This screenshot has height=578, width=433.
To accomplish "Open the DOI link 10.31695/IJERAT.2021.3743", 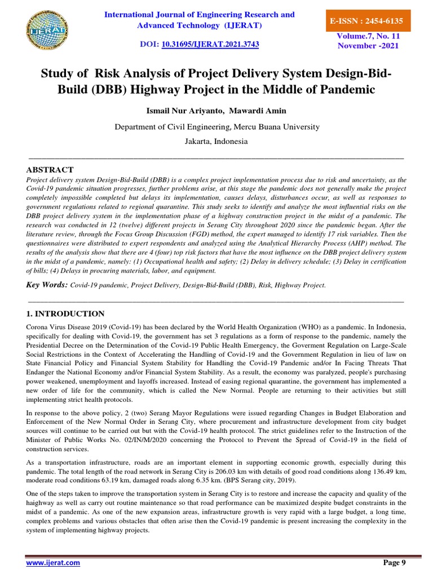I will point(210,43).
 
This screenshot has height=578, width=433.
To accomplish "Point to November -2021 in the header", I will point(368,46).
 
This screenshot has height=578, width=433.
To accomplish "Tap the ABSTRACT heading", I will point(50,169).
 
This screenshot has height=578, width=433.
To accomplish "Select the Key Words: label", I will point(47,285).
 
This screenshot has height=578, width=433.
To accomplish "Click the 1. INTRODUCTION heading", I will point(65,314).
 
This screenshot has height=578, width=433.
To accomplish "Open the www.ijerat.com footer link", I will point(53,563).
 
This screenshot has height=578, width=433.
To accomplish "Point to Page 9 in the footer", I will point(394,562).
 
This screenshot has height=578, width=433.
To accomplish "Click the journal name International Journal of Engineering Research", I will point(200,14).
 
